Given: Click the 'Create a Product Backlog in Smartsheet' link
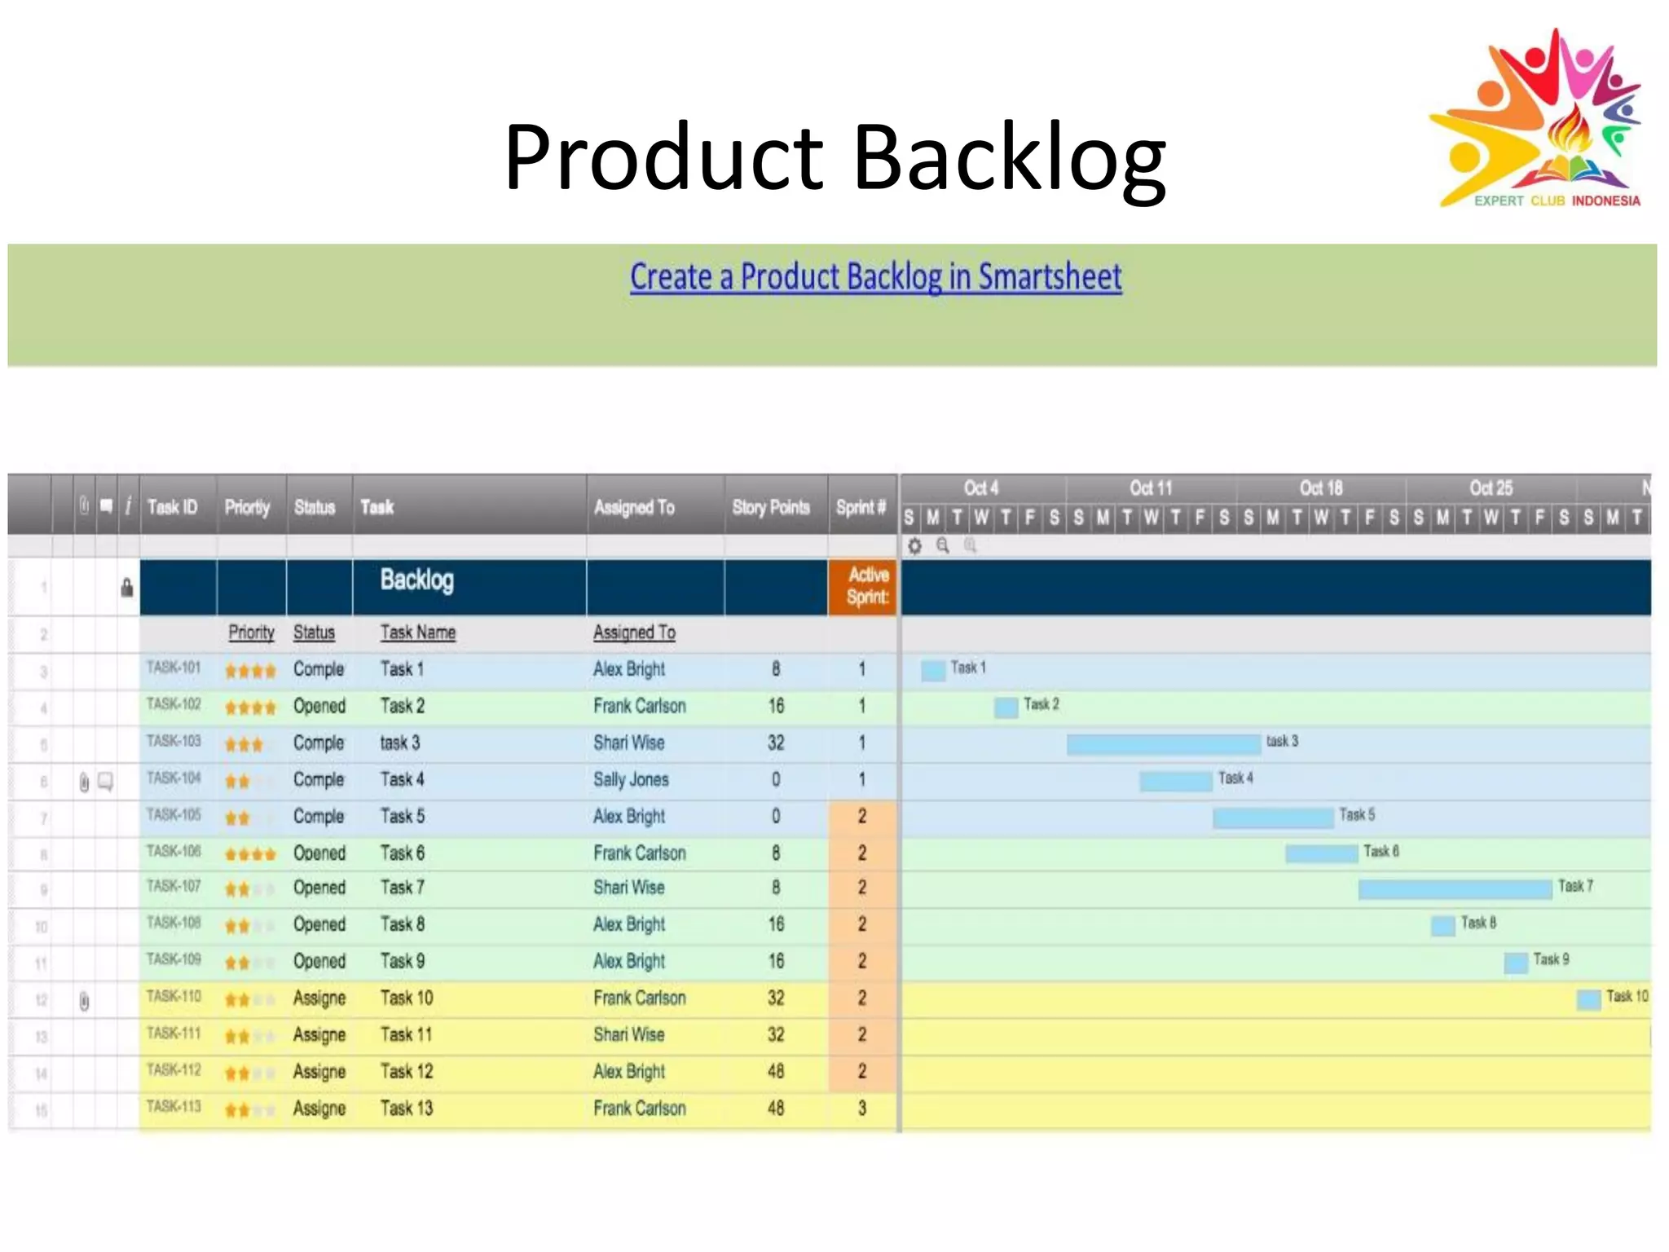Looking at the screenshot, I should click(875, 277).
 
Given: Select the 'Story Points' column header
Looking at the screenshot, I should click(771, 507).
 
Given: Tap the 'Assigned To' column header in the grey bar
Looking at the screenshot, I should click(634, 507).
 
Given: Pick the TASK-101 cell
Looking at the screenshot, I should click(174, 668).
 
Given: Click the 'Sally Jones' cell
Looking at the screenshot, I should click(631, 779).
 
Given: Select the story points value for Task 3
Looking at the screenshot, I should click(776, 743).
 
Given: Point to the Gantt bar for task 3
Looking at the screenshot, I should click(1163, 743).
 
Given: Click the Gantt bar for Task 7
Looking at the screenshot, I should click(1454, 888).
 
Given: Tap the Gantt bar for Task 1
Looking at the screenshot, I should click(932, 670).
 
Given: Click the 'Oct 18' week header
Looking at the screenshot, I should click(1320, 488).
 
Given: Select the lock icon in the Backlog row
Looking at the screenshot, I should click(127, 587).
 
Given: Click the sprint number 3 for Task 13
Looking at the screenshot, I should click(862, 1108).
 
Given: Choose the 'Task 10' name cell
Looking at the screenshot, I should click(407, 998).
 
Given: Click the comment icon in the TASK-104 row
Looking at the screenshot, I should click(106, 781).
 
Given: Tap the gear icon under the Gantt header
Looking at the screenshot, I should click(915, 546).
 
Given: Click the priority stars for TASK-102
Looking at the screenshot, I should click(250, 707).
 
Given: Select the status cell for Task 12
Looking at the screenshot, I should click(319, 1071).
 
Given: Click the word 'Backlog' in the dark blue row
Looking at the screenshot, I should click(416, 580).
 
